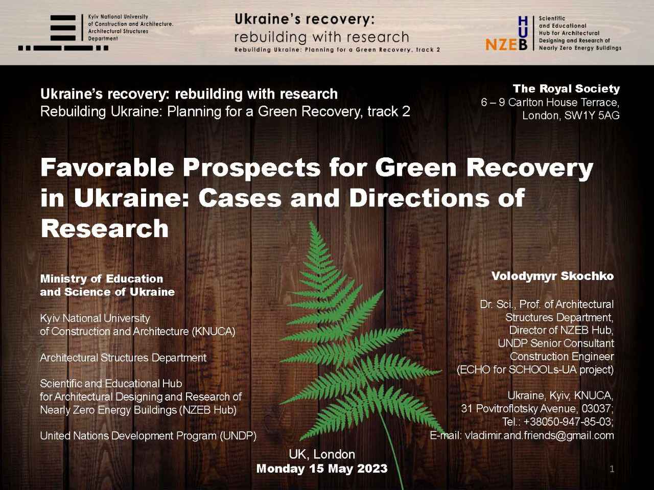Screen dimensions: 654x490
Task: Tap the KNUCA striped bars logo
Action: [x=63, y=32]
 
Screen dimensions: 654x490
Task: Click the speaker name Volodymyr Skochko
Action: [x=553, y=276]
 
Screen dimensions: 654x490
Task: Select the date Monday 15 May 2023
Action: [x=322, y=469]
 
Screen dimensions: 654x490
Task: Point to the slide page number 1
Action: [x=612, y=470]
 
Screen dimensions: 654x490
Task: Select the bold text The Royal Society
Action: [x=566, y=88]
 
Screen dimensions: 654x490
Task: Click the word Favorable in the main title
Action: [x=107, y=168]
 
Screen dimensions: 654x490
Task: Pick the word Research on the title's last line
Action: [x=105, y=228]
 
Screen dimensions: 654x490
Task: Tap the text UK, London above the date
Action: [x=322, y=454]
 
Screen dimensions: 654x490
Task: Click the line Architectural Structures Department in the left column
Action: [x=123, y=358]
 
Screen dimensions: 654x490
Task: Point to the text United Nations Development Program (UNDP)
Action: [x=148, y=436]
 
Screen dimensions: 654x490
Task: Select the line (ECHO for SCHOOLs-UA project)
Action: [x=535, y=369]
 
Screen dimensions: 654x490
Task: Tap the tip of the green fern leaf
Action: [x=311, y=223]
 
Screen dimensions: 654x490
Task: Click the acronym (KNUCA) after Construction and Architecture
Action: [x=214, y=331]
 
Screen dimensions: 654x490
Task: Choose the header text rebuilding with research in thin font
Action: [x=321, y=37]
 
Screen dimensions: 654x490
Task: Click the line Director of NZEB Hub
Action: [x=562, y=330]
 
